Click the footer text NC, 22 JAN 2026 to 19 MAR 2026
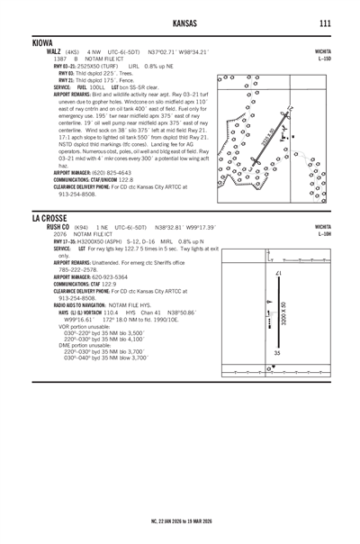pyautogui.click(x=179, y=521)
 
